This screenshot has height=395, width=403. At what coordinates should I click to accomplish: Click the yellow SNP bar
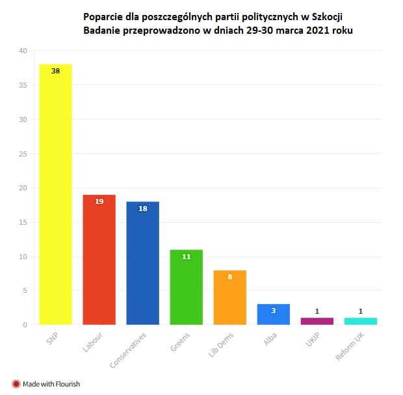55,195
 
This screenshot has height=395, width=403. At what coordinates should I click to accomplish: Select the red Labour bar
99,260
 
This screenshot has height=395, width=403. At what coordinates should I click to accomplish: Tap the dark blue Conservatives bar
142,263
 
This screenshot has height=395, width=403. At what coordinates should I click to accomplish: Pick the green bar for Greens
186,287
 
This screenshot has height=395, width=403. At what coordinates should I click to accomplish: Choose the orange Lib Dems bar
229,298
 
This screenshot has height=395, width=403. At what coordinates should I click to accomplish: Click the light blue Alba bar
273,314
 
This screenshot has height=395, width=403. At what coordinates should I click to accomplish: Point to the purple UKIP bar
317,321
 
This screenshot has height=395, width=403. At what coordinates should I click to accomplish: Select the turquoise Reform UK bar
360,321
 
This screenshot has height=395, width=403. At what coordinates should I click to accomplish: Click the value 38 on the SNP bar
55,71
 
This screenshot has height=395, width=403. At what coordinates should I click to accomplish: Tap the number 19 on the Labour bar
99,201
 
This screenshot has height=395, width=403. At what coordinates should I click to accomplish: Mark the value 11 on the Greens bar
186,257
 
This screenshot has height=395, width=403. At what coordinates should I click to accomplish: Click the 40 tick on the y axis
23,51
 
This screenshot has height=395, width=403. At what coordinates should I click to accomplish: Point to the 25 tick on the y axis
23,154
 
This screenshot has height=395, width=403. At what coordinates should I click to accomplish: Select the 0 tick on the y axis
25,325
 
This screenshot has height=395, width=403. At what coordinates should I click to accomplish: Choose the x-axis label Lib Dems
220,346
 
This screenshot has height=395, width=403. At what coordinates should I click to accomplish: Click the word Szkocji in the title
326,15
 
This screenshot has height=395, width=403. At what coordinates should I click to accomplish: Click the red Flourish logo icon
16,383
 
